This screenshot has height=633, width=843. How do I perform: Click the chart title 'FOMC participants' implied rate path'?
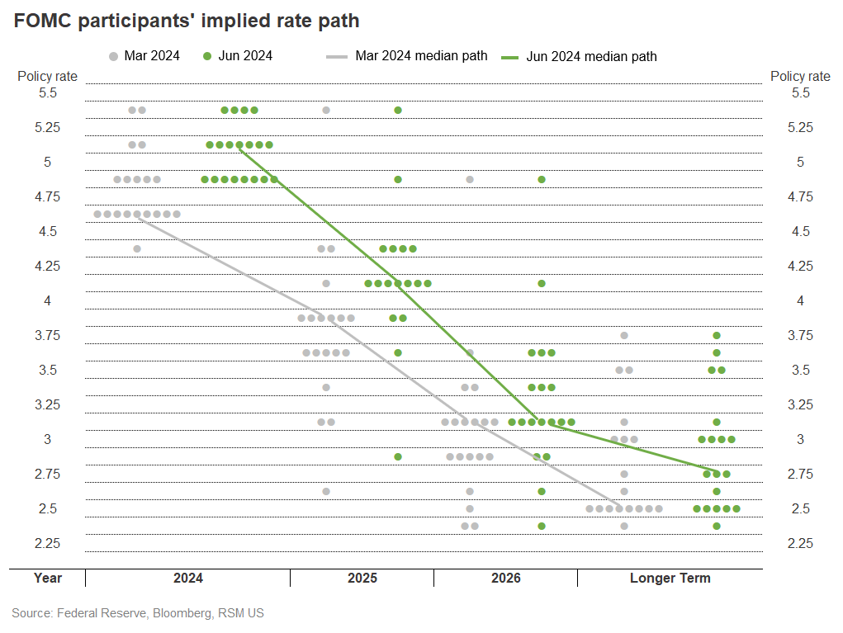(x=186, y=20)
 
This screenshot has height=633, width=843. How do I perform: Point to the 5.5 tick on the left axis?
(x=48, y=93)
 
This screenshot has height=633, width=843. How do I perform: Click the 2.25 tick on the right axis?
(x=800, y=543)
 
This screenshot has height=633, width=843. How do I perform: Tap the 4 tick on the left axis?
(x=48, y=301)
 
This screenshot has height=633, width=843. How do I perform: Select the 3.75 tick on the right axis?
(x=800, y=335)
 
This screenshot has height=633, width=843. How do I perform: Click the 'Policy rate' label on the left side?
(x=48, y=76)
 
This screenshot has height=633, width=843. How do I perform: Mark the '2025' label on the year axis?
(x=362, y=578)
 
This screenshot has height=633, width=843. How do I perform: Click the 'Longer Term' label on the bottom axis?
(x=670, y=578)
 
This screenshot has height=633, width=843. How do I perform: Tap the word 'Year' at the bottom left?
(x=48, y=578)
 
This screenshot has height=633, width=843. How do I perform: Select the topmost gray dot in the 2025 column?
(x=326, y=110)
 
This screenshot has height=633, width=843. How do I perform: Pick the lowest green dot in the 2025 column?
(x=398, y=456)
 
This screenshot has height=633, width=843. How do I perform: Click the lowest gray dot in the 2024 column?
(x=137, y=248)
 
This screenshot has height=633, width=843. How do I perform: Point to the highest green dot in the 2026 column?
(x=542, y=179)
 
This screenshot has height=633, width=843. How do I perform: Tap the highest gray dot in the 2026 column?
(x=470, y=179)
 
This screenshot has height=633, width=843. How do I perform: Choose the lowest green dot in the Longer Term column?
(x=717, y=526)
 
